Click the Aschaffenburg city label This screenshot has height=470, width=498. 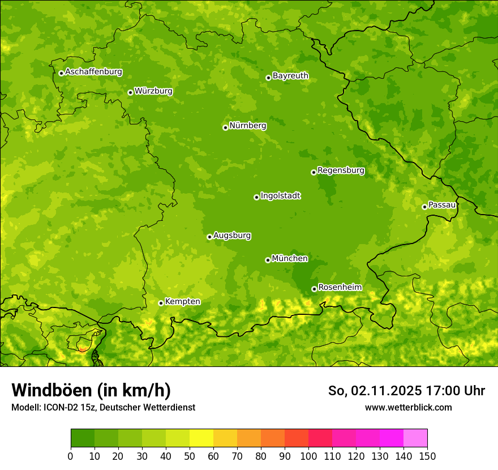point(93,72)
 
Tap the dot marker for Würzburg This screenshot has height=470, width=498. point(130,92)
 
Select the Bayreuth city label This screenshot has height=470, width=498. point(290,76)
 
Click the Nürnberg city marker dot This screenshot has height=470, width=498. point(225,127)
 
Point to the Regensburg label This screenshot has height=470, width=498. point(341,170)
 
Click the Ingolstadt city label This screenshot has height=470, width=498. point(280,196)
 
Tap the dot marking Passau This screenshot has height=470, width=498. point(424,207)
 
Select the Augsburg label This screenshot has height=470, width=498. point(232,236)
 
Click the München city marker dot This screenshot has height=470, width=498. point(268,260)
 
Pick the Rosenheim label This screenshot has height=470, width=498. point(340,288)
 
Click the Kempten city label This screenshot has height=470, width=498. point(182,302)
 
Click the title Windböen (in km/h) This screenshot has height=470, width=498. point(91,390)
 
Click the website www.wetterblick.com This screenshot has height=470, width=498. point(408,407)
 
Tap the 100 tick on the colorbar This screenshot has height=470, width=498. point(308,456)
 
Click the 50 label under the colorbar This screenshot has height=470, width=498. point(190,456)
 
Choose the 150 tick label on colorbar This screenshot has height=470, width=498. point(427,456)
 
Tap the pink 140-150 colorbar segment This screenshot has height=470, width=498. point(415,438)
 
